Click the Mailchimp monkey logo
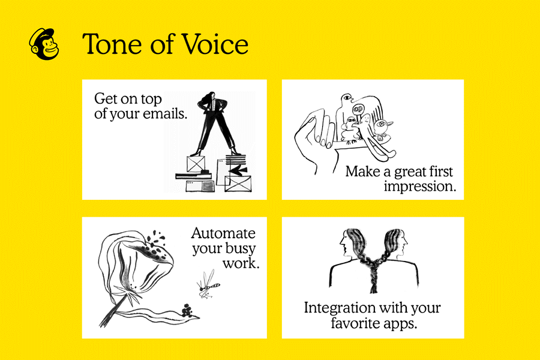click(44, 44)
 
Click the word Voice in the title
click(215, 44)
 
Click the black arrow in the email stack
click(238, 169)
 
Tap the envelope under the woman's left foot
click(196, 164)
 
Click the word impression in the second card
click(420, 187)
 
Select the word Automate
click(224, 233)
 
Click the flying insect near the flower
click(208, 284)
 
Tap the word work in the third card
click(241, 263)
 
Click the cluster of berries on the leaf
click(187, 310)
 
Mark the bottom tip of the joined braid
click(373, 292)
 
